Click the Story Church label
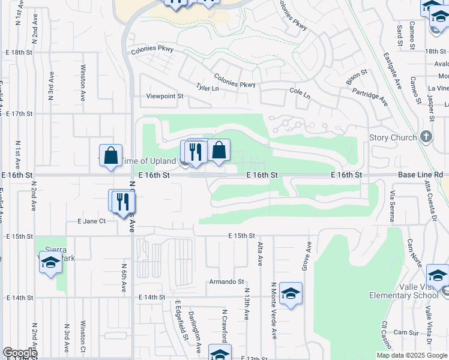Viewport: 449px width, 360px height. click(393, 137)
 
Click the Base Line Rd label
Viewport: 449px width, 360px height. click(420, 175)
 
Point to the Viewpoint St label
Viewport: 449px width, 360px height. click(164, 96)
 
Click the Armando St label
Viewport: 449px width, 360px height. click(226, 281)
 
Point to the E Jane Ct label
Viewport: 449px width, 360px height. click(92, 221)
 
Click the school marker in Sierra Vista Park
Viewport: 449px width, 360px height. click(51, 263)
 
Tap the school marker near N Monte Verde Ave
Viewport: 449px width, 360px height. click(291, 293)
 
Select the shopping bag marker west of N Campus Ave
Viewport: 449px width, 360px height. click(111, 155)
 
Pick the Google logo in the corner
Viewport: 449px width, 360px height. click(20, 353)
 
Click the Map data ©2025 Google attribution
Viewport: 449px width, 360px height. click(411, 355)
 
